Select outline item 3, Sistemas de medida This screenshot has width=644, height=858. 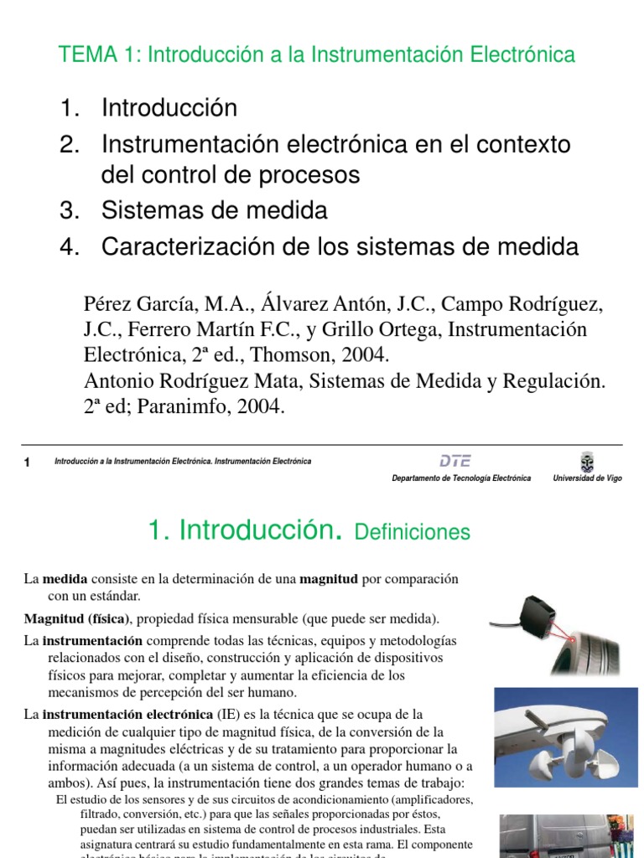(214, 209)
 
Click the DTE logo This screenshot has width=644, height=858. (455, 460)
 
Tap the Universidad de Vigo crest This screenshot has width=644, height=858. (586, 461)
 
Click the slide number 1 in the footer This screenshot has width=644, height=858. (28, 463)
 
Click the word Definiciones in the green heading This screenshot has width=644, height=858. (413, 532)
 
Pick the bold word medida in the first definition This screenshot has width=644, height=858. (60, 579)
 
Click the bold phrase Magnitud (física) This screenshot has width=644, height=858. (76, 619)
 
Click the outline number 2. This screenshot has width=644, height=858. (68, 145)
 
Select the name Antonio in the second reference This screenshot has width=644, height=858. (116, 381)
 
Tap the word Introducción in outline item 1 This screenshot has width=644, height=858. (169, 108)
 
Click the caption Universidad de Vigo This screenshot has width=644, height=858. (587, 478)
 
